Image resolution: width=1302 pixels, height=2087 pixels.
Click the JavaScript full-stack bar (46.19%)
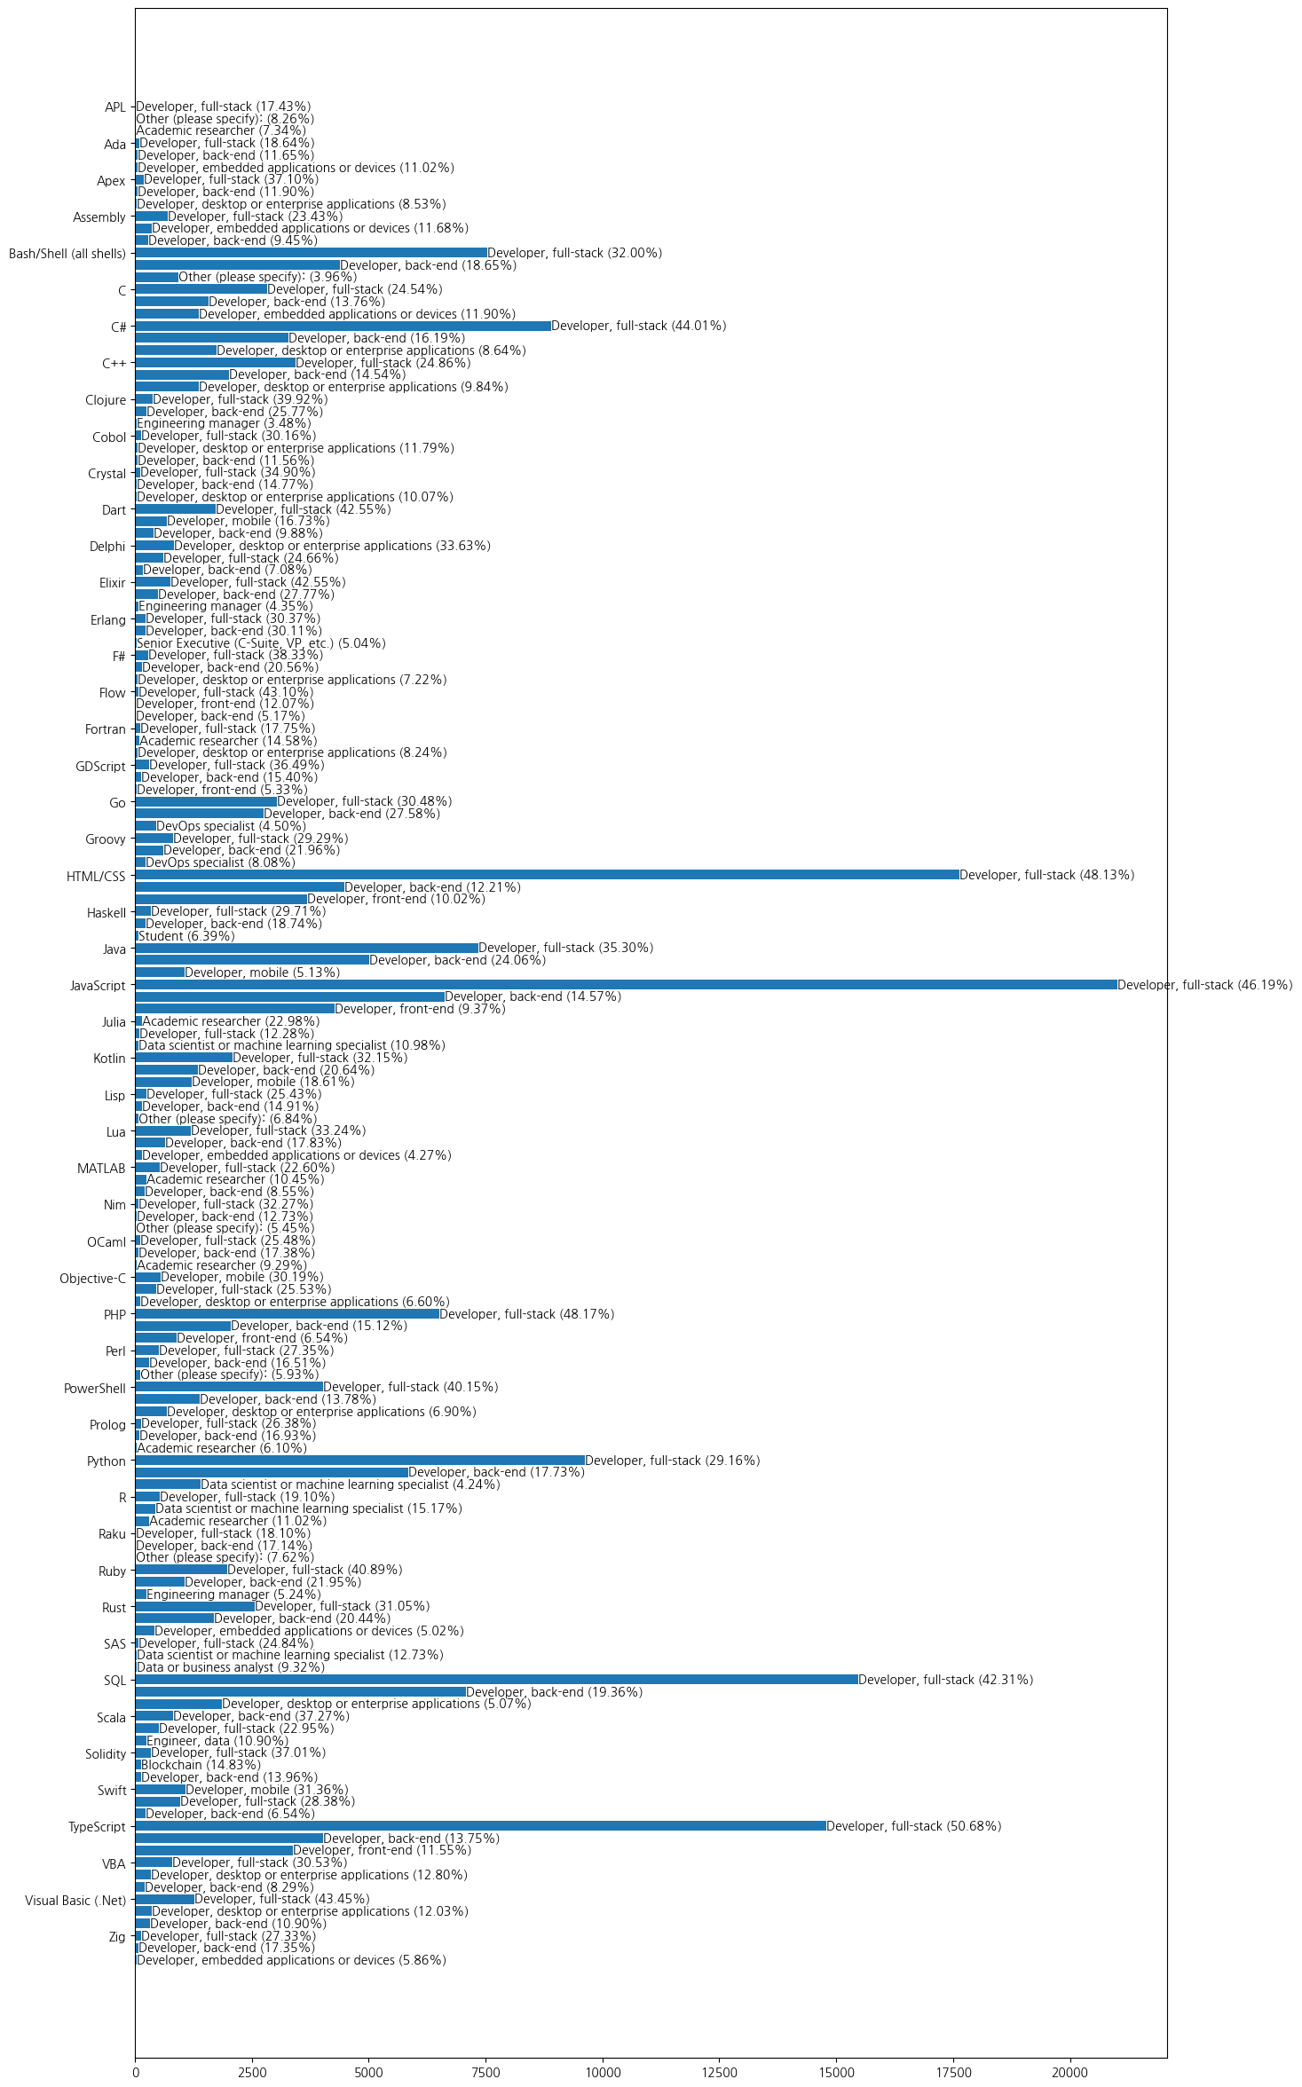point(626,984)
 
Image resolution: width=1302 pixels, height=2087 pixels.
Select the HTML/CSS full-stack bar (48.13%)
point(547,875)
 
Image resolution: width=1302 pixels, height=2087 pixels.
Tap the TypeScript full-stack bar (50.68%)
point(480,1826)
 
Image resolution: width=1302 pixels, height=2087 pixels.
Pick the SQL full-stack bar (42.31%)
point(496,1680)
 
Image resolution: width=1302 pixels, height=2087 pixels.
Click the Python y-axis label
point(107,1461)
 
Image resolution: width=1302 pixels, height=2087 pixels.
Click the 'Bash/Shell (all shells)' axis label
point(67,254)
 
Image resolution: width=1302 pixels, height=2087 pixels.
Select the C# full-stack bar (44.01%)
point(343,327)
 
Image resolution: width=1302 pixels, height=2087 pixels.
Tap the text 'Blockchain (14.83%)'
point(201,1765)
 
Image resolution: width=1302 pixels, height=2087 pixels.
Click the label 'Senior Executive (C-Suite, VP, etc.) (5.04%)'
point(261,643)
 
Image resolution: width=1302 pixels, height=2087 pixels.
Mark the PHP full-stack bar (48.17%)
point(287,1313)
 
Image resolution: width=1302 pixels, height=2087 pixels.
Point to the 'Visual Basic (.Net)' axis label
point(75,1900)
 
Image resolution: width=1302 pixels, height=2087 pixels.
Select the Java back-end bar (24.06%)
point(252,960)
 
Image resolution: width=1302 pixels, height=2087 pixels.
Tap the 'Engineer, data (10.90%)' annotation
point(217,1741)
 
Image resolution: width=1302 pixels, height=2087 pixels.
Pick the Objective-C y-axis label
point(92,1279)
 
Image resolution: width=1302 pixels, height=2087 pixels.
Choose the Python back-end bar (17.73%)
point(272,1472)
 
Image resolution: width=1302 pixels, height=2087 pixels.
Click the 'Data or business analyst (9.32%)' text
point(231,1667)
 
